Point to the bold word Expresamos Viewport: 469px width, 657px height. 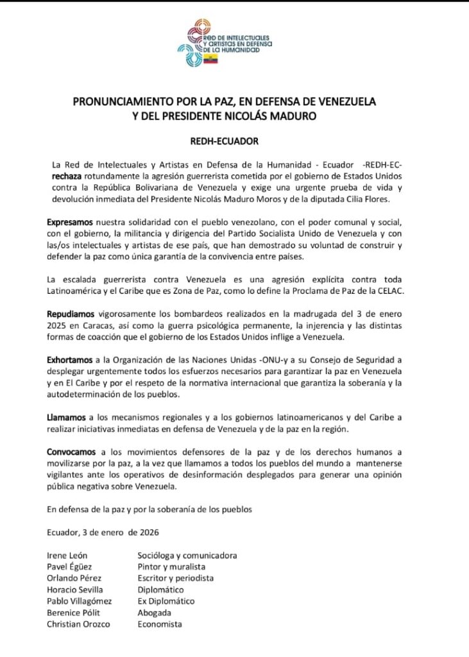tap(70, 221)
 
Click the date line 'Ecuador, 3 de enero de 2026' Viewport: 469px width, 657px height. tap(103, 532)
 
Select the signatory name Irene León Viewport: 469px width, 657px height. tap(67, 555)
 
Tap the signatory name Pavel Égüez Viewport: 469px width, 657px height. tap(71, 567)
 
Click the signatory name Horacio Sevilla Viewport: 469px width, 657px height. tap(74, 590)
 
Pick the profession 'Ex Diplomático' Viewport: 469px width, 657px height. tap(166, 601)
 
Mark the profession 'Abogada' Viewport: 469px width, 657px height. tap(155, 613)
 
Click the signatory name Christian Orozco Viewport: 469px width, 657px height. tap(78, 624)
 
